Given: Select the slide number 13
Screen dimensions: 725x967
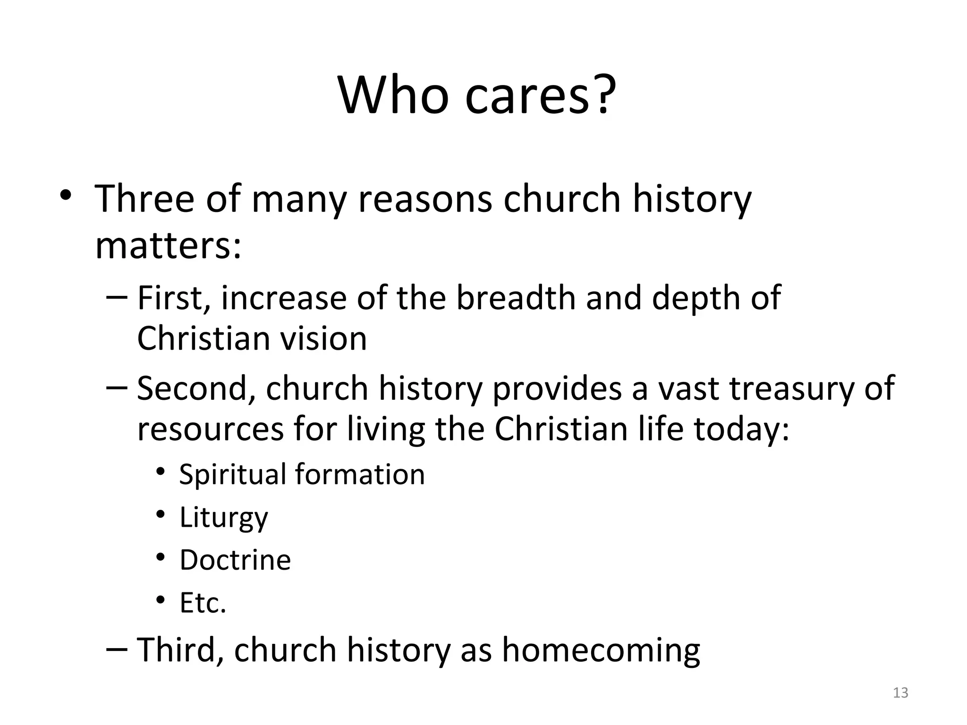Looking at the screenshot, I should pyautogui.click(x=901, y=693).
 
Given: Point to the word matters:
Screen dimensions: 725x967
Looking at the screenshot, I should pyautogui.click(x=168, y=246).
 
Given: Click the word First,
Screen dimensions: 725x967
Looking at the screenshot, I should pyautogui.click(x=173, y=298).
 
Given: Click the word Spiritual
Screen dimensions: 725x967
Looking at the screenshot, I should pyautogui.click(x=233, y=474).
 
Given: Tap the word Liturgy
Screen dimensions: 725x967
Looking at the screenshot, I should pyautogui.click(x=224, y=518).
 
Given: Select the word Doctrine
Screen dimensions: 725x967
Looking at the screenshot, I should pyautogui.click(x=235, y=560).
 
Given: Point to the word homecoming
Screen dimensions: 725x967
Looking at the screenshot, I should pyautogui.click(x=601, y=651).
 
